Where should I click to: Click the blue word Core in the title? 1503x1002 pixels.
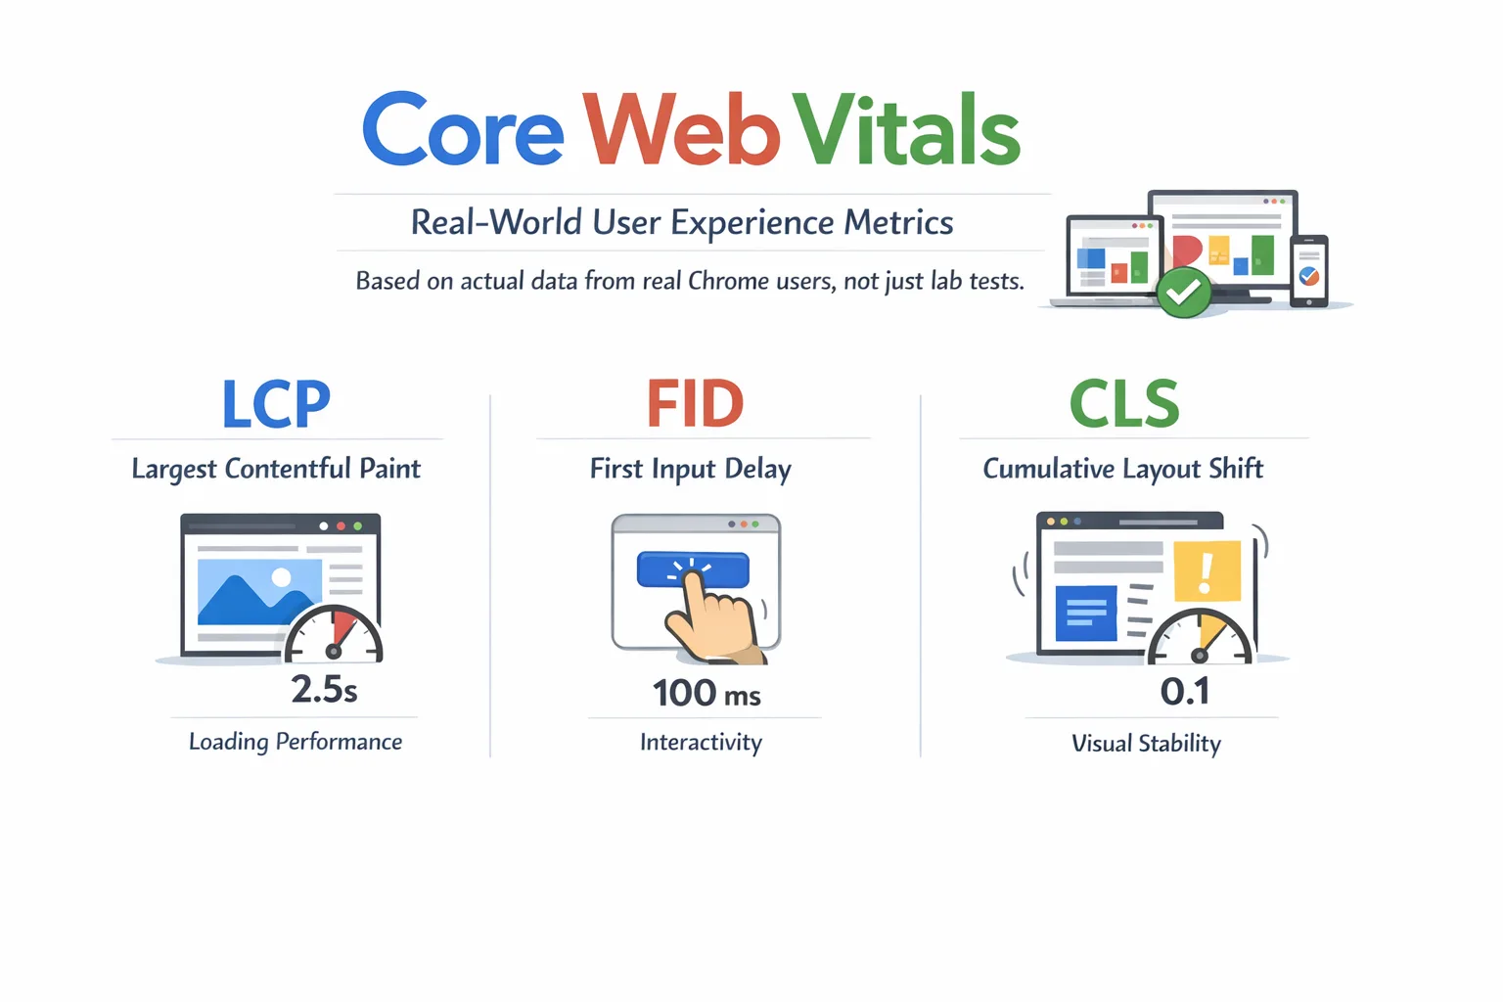(463, 131)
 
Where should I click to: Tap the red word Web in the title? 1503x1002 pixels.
(682, 131)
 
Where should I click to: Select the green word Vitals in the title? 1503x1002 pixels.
(906, 131)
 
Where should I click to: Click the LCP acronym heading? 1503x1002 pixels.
(276, 404)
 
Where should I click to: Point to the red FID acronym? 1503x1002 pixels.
(696, 404)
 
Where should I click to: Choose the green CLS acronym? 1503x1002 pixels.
(1124, 404)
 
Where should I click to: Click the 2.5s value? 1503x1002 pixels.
(324, 690)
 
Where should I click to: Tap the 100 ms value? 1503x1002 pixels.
(706, 694)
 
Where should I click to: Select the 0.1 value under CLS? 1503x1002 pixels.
(1185, 692)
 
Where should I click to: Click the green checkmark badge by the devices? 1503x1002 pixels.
(1183, 292)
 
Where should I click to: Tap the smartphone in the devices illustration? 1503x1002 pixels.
(1309, 271)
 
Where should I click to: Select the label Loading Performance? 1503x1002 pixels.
(296, 742)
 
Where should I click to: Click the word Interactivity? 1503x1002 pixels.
(701, 743)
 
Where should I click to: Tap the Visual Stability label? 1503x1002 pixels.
(1146, 744)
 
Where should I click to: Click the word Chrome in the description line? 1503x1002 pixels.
(728, 282)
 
